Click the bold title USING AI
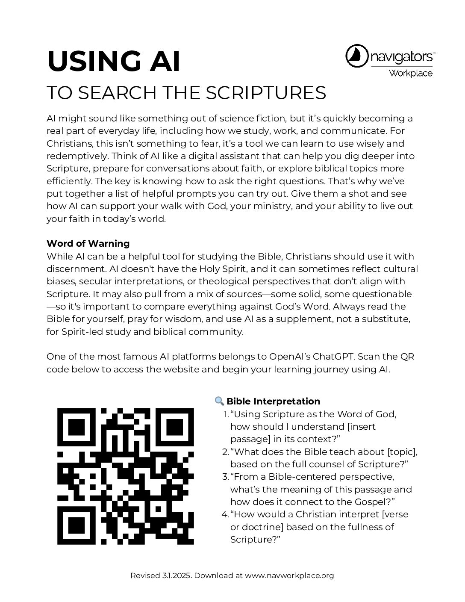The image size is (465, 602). tap(114, 61)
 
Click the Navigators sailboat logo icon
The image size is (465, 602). tap(356, 56)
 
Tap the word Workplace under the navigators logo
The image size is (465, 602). tap(410, 73)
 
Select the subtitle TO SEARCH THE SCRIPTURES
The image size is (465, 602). tap(186, 93)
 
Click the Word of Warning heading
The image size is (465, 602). tap(88, 244)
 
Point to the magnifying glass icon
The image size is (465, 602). tap(219, 401)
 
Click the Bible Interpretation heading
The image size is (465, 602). tap(273, 401)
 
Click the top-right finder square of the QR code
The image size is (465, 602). tap(175, 426)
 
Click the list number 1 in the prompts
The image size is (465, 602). tap(226, 414)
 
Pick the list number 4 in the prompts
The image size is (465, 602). tap(225, 514)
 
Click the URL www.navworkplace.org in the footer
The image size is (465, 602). tap(289, 575)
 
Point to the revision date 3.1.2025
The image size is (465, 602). tap(176, 575)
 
